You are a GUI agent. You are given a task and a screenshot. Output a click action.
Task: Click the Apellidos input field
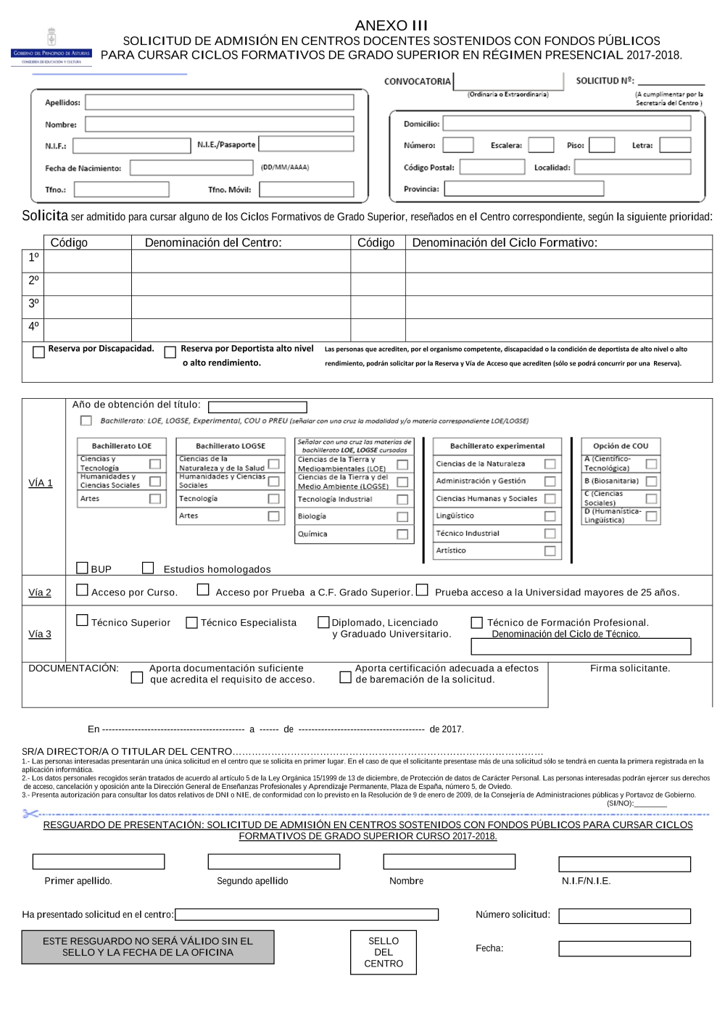pyautogui.click(x=219, y=102)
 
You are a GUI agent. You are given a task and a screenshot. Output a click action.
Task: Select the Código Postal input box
pyautogui.click(x=492, y=167)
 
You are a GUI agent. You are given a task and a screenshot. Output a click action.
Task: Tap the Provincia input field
pyautogui.click(x=523, y=189)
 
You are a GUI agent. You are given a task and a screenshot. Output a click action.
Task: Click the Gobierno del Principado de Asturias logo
pyautogui.click(x=51, y=48)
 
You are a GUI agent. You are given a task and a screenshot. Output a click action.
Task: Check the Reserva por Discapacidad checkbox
pyautogui.click(x=38, y=352)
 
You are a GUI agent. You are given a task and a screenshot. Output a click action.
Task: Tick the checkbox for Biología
pyautogui.click(x=402, y=517)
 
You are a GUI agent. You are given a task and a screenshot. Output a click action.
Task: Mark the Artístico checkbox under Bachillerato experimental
pyautogui.click(x=550, y=551)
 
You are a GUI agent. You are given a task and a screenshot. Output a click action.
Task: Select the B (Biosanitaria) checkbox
pyautogui.click(x=651, y=481)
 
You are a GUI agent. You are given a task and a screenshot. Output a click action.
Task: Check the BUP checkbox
pyautogui.click(x=82, y=568)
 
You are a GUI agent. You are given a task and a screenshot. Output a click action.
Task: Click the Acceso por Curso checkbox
pyautogui.click(x=82, y=590)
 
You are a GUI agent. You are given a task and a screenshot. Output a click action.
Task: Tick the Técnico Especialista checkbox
pyautogui.click(x=191, y=623)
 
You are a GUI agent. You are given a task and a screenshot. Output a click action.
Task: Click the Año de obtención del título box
pyautogui.click(x=257, y=407)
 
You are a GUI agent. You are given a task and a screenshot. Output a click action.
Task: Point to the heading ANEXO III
pyautogui.click(x=391, y=25)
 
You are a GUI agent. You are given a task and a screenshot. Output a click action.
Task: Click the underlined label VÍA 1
pyautogui.click(x=41, y=484)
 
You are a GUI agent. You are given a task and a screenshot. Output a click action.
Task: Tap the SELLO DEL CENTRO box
pyautogui.click(x=384, y=952)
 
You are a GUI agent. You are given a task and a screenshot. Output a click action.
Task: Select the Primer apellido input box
pyautogui.click(x=99, y=861)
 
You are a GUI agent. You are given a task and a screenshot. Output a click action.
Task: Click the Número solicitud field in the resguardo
pyautogui.click(x=624, y=916)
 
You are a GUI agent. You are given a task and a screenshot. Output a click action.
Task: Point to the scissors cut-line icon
pyautogui.click(x=30, y=814)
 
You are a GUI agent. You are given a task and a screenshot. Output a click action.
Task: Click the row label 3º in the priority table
pyautogui.click(x=33, y=303)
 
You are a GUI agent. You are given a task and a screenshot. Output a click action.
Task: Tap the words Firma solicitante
pyautogui.click(x=629, y=669)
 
